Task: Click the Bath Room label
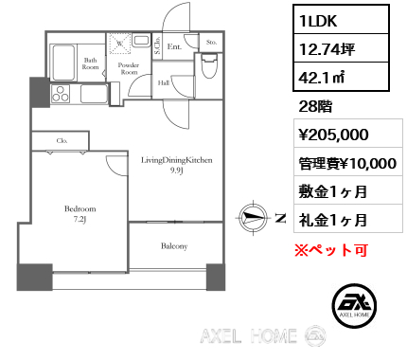pyautogui.click(x=90, y=63)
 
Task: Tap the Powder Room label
pyautogui.click(x=129, y=68)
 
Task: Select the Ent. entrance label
pyautogui.click(x=174, y=46)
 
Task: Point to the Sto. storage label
pyautogui.click(x=211, y=42)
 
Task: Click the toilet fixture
pyautogui.click(x=209, y=65)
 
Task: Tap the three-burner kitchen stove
pyautogui.click(x=61, y=94)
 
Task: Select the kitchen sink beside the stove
pyautogui.click(x=94, y=94)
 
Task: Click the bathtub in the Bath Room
pyautogui.click(x=63, y=63)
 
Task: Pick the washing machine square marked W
pyautogui.click(x=120, y=44)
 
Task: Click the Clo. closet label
pyautogui.click(x=62, y=140)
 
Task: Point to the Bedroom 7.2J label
pyautogui.click(x=80, y=214)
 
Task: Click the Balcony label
pyautogui.click(x=174, y=246)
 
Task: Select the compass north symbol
pyautogui.click(x=253, y=218)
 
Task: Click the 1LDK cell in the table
pyautogui.click(x=341, y=21)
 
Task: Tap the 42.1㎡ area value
pyautogui.click(x=322, y=77)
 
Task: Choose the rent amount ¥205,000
pyautogui.click(x=333, y=135)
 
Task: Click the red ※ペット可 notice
pyautogui.click(x=331, y=250)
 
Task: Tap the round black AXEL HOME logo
pyautogui.click(x=354, y=305)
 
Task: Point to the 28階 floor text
pyautogui.click(x=315, y=107)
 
